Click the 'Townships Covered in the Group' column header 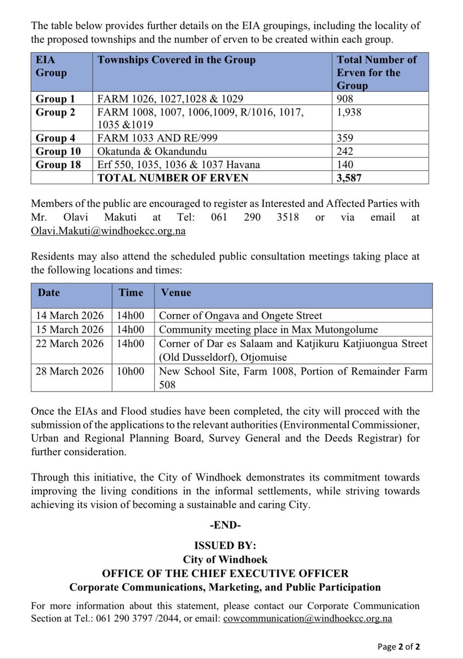(176, 60)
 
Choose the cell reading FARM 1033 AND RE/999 (157, 138)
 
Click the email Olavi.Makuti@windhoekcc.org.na (108, 231)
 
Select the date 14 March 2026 (70, 315)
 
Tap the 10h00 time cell (131, 371)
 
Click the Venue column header (176, 293)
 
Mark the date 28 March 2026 (70, 371)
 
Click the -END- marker (225, 525)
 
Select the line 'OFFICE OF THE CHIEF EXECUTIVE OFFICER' (225, 573)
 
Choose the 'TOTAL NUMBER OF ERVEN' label (173, 177)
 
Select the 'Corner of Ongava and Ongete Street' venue (240, 315)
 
